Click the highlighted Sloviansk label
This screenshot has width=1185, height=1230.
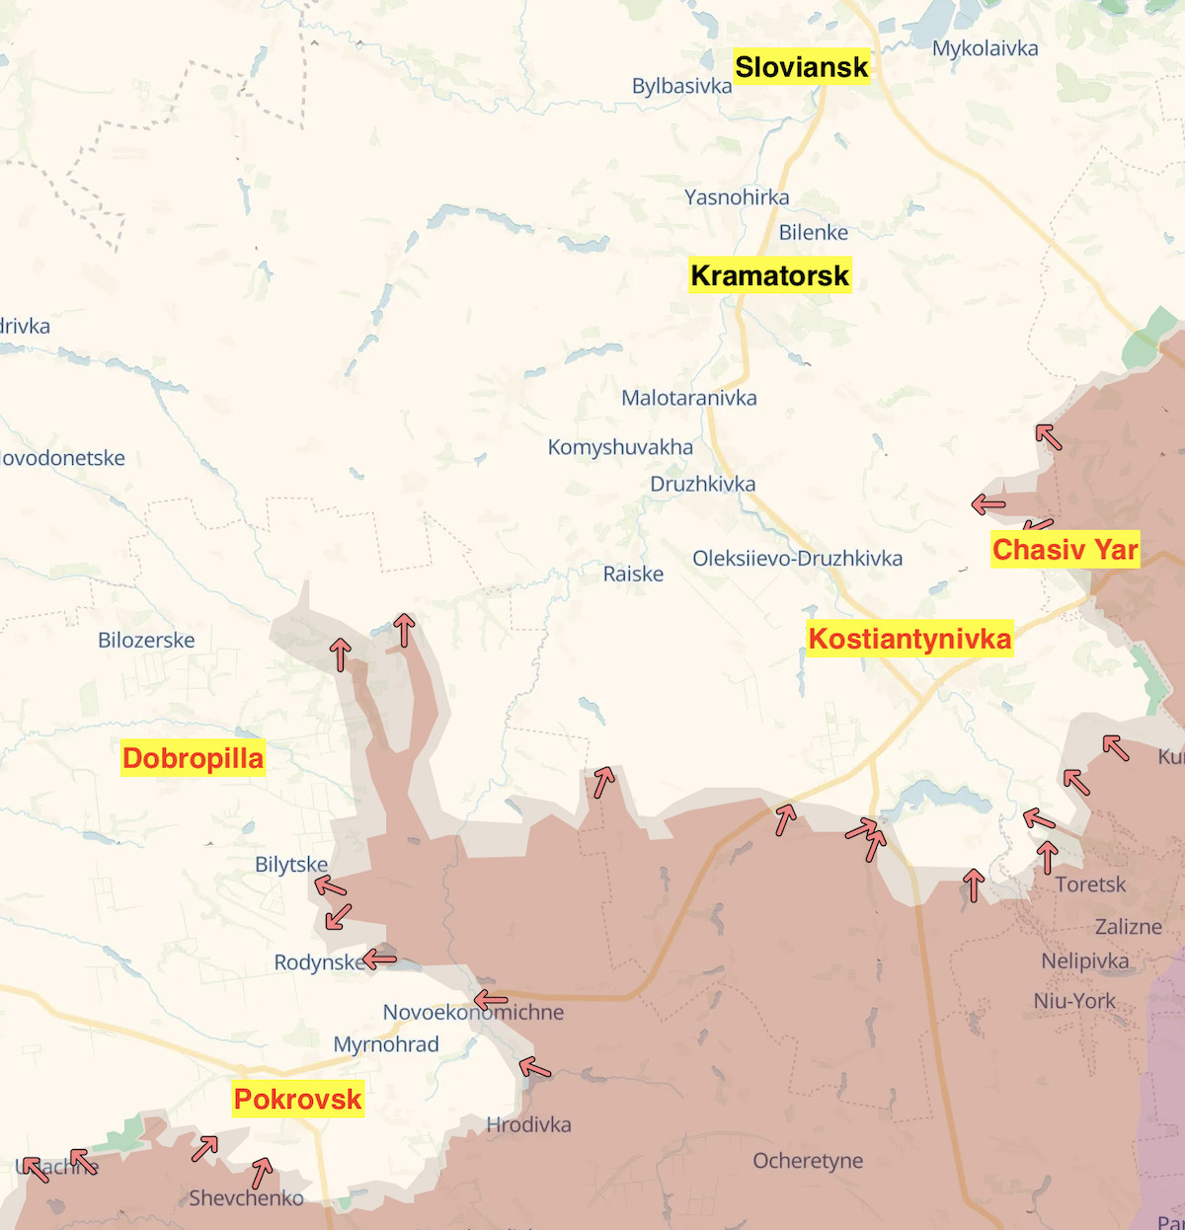[802, 67]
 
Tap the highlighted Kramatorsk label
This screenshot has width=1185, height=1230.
[770, 275]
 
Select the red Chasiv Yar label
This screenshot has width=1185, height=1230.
[1065, 550]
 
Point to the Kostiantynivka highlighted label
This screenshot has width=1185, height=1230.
[909, 639]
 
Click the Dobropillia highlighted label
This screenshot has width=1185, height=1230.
[193, 758]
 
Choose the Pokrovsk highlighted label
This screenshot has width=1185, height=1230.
[297, 1099]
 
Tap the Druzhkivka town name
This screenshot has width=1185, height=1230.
[702, 484]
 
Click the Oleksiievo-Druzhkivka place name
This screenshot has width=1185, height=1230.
[797, 559]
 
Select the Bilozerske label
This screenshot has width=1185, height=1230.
[146, 640]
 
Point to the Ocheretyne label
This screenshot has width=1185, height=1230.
[808, 1161]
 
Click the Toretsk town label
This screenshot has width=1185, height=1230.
[1089, 884]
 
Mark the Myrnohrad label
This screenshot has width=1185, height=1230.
[386, 1044]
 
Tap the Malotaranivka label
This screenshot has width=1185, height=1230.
[688, 398]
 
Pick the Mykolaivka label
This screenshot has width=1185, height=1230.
[985, 48]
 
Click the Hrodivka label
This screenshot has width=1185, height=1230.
[528, 1124]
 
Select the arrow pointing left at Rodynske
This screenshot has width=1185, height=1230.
[379, 959]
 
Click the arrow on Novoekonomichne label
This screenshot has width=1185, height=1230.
[491, 1001]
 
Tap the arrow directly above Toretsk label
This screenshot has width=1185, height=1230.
[1048, 857]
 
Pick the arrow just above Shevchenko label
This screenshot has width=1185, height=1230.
[262, 1173]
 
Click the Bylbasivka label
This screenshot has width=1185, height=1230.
[681, 86]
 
